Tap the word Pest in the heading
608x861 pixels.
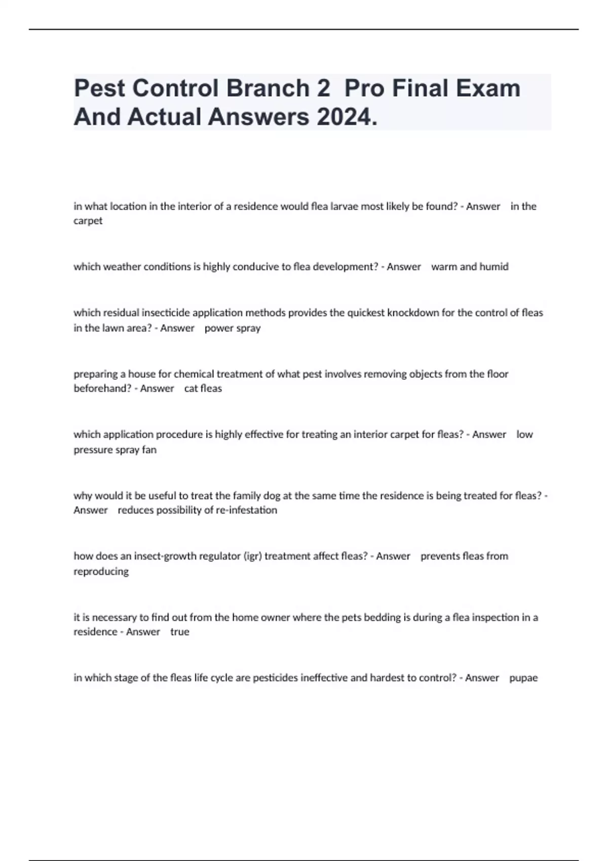pyautogui.click(x=100, y=88)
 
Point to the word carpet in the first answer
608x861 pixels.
pyautogui.click(x=88, y=221)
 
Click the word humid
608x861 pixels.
pyautogui.click(x=493, y=267)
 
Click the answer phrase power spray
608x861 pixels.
pyautogui.click(x=233, y=328)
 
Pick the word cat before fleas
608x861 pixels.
pyautogui.click(x=191, y=388)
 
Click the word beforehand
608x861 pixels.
pyautogui.click(x=102, y=388)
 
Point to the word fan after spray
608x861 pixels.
pyautogui.click(x=149, y=450)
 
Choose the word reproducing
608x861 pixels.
pyautogui.click(x=101, y=571)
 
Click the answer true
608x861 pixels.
pyautogui.click(x=180, y=632)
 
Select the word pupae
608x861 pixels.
pyautogui.click(x=523, y=678)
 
